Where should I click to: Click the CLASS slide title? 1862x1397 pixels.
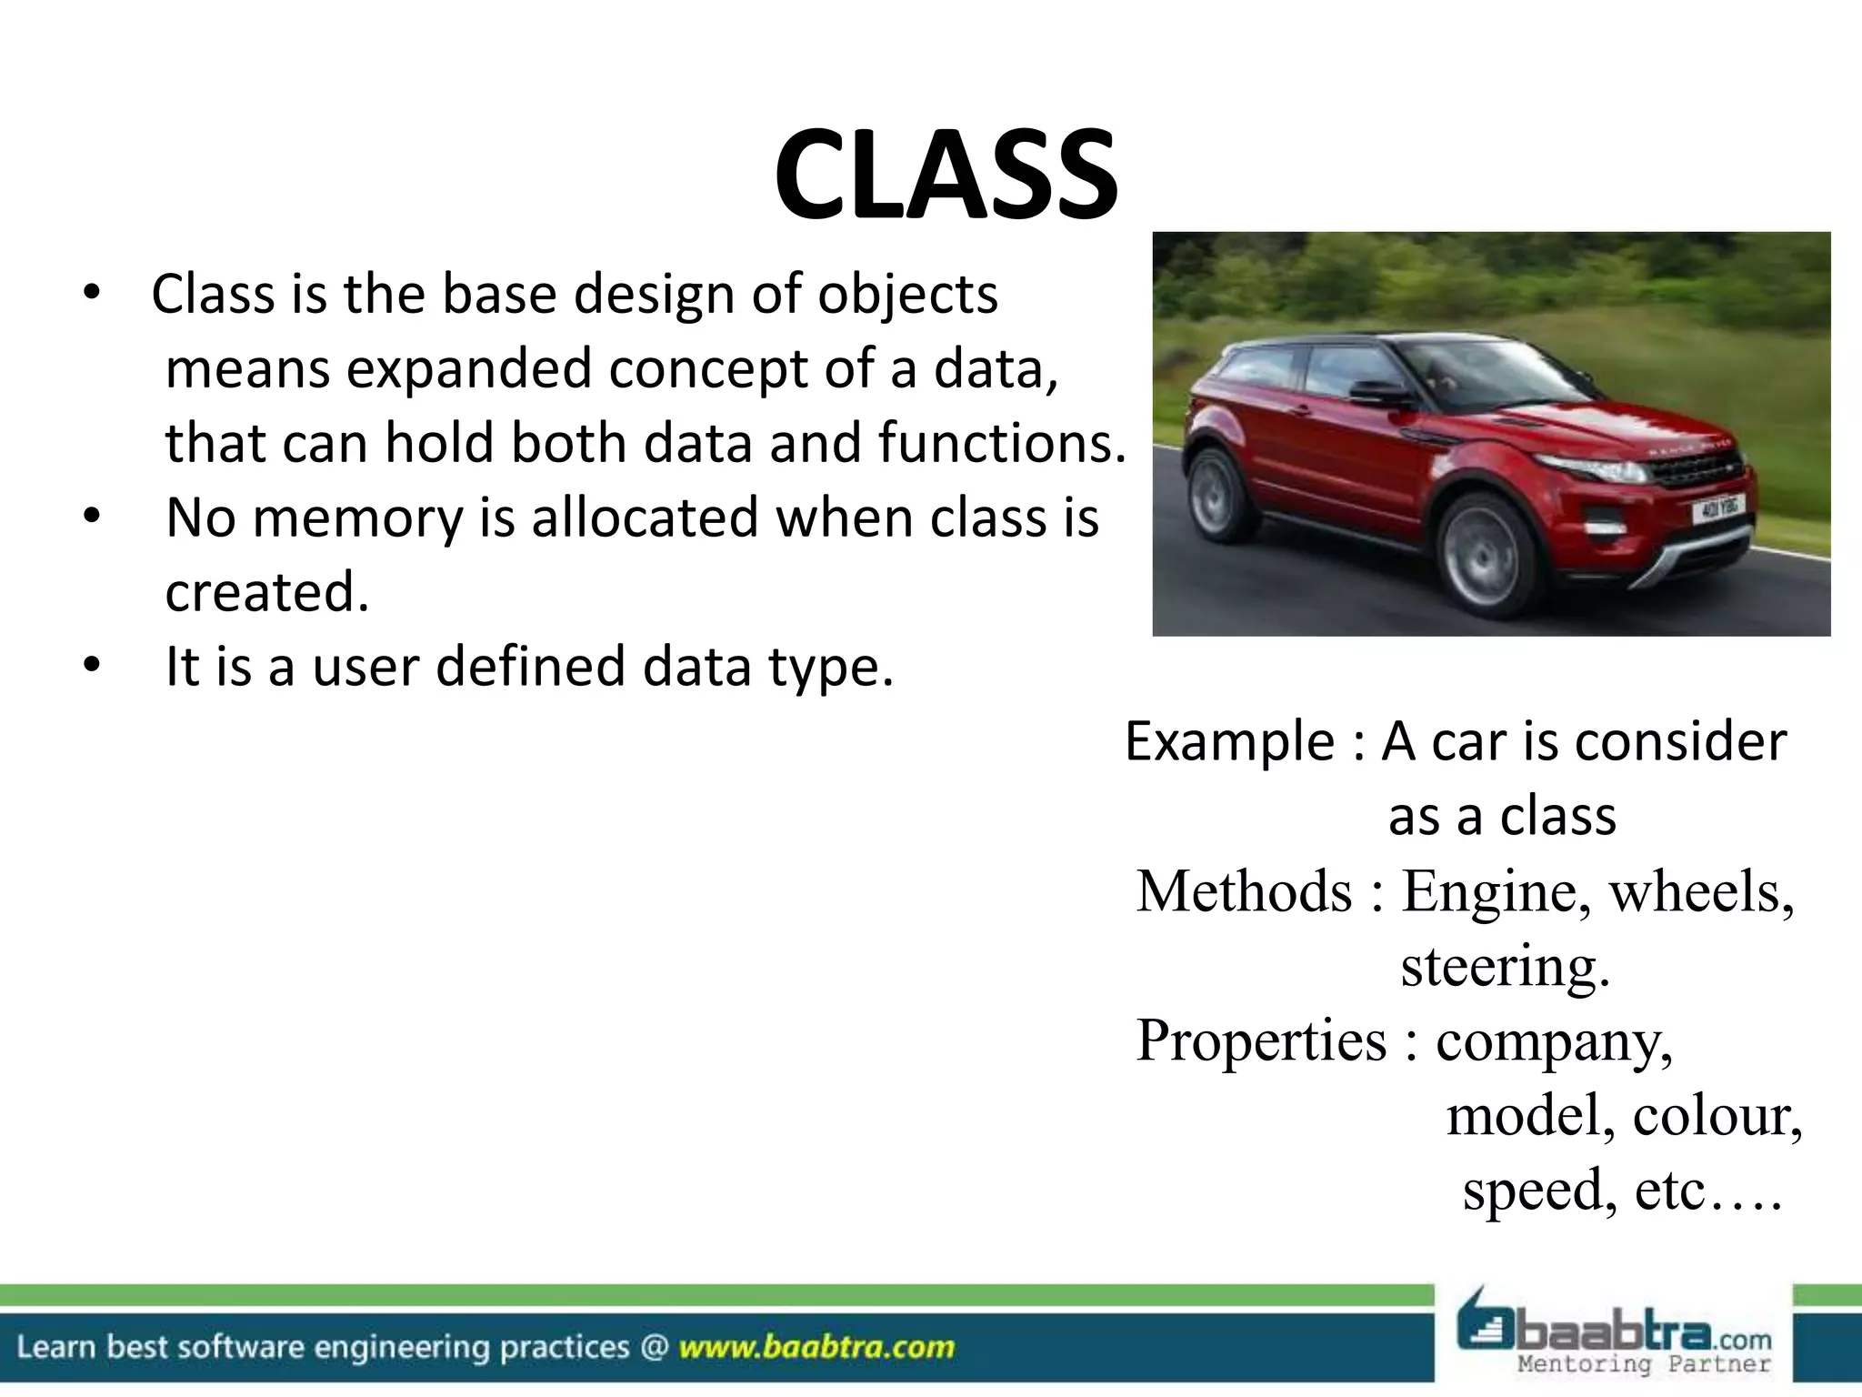946,175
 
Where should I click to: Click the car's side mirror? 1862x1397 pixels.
1379,394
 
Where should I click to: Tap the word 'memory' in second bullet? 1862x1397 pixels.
355,518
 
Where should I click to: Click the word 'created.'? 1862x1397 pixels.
267,592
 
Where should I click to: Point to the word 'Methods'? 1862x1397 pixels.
1245,890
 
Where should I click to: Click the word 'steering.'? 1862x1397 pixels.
1505,965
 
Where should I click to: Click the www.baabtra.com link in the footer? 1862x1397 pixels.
816,1347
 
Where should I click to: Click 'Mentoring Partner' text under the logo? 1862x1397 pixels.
1644,1364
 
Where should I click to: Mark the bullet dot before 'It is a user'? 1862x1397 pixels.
90,667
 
